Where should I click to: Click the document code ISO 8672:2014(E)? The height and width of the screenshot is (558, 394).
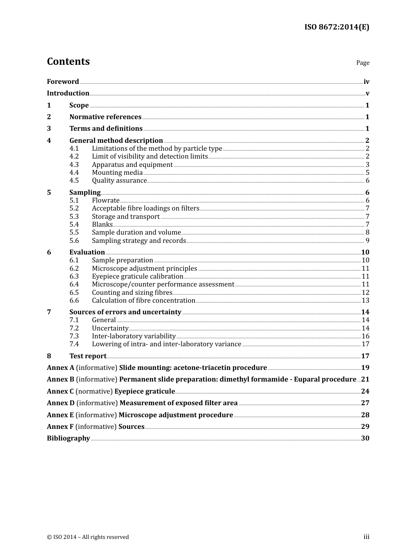(x=336, y=27)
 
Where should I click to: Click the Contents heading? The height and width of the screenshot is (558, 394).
(x=68, y=61)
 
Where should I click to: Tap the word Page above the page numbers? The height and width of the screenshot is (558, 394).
(x=362, y=63)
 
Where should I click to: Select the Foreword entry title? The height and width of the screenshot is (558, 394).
(x=63, y=81)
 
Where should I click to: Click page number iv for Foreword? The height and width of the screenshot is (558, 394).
(x=366, y=82)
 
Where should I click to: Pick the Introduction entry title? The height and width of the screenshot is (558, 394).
(x=68, y=93)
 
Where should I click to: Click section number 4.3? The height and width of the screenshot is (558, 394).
(x=74, y=164)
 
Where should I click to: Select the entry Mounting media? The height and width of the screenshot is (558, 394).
(x=117, y=172)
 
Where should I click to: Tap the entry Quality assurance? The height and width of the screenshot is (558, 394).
(x=119, y=180)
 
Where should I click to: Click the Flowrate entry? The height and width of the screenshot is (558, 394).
(x=105, y=200)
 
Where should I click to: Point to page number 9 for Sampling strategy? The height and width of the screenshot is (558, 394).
(x=367, y=240)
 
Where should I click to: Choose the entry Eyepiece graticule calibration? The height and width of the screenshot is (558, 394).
(x=137, y=276)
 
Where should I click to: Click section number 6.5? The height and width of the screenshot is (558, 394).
(x=74, y=292)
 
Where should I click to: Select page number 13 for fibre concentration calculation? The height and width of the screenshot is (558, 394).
(x=365, y=300)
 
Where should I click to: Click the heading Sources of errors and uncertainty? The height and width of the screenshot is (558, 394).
(x=125, y=312)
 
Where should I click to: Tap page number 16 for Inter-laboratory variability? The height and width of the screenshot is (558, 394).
(x=365, y=336)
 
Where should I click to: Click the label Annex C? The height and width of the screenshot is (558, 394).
(x=60, y=391)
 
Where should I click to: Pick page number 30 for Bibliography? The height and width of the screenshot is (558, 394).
(x=365, y=438)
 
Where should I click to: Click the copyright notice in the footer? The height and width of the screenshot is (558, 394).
(x=88, y=537)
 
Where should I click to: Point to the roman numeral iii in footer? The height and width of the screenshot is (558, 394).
(x=366, y=537)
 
